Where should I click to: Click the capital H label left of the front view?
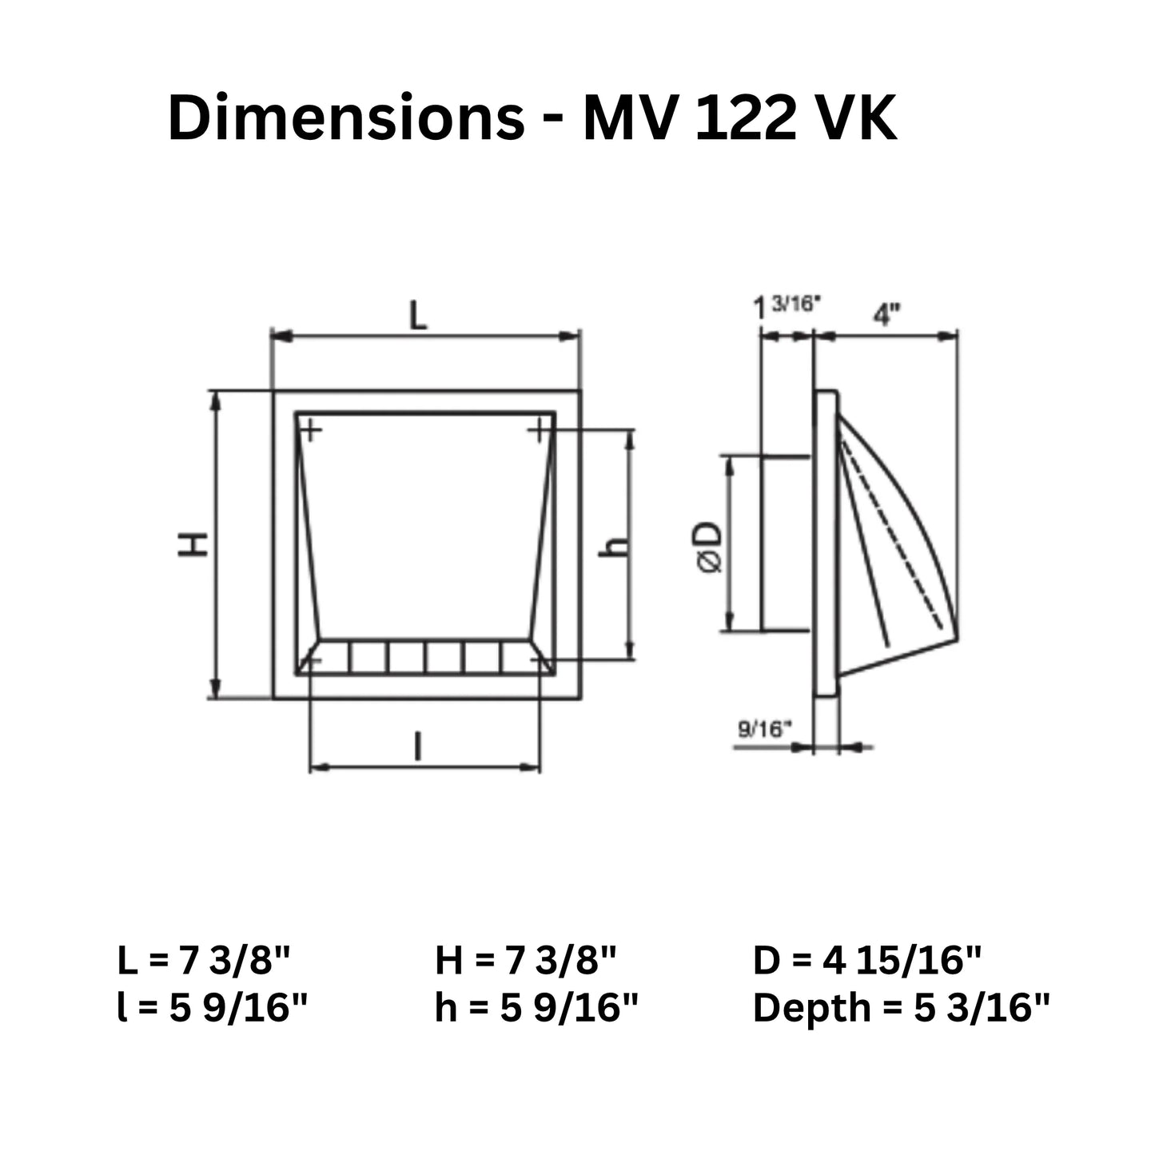pos(193,545)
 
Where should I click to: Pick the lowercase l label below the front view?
pos(416,747)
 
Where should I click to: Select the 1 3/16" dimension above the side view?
pos(787,306)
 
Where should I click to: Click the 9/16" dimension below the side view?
pos(764,728)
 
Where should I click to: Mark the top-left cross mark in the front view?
pos(311,432)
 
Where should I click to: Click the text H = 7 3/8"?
pos(526,960)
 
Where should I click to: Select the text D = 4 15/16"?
pos(867,960)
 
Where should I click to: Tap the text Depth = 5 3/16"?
pos(901,1008)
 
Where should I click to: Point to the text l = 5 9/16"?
pos(212,1008)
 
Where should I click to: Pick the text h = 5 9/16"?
pos(537,1008)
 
